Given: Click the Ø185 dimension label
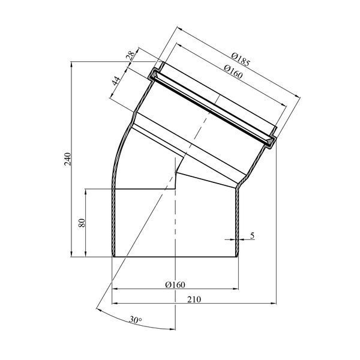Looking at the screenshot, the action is (240, 59).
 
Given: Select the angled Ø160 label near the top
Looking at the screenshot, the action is (233, 71).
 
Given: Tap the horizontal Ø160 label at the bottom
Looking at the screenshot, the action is (175, 284).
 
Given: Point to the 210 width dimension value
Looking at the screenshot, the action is (194, 299).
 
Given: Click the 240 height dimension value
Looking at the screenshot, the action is (68, 159).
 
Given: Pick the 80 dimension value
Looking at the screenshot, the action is (82, 223).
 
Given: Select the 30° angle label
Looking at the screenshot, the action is (135, 320).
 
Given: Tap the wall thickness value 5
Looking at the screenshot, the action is (253, 236).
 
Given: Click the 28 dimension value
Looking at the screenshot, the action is (131, 56).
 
